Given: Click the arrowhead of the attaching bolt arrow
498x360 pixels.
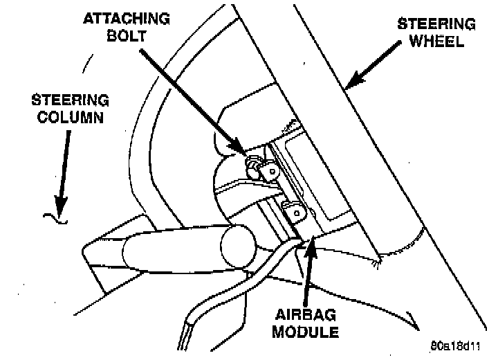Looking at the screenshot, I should coord(241,151).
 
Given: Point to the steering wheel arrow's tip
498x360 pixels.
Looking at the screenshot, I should coord(347,87).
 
